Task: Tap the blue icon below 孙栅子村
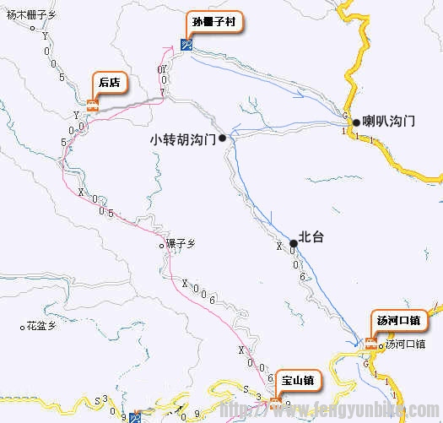(x=186, y=45)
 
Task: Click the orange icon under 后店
(x=92, y=106)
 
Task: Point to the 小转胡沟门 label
(x=182, y=138)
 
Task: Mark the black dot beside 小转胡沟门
(x=222, y=138)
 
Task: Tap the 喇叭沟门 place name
(x=389, y=122)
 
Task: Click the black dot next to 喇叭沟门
(x=356, y=122)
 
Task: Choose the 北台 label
(x=311, y=238)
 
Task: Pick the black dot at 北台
(x=293, y=243)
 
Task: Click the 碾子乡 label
(x=180, y=244)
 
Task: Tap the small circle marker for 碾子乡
(x=163, y=246)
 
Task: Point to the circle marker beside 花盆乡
(x=22, y=325)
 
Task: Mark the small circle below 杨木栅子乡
(x=32, y=28)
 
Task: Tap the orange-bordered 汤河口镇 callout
(x=397, y=321)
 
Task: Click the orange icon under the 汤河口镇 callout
(x=370, y=343)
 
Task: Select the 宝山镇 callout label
(x=296, y=381)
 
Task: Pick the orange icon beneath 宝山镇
(x=275, y=401)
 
